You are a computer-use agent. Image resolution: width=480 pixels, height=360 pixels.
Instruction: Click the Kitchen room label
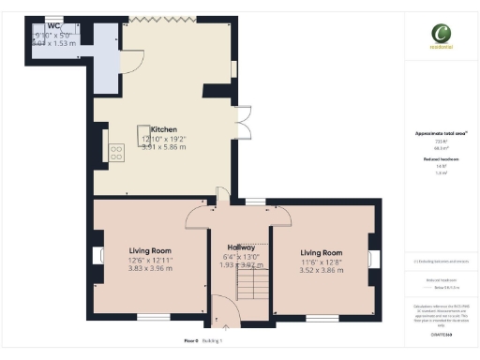(x=165, y=130)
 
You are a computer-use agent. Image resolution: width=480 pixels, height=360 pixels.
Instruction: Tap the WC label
(x=41, y=27)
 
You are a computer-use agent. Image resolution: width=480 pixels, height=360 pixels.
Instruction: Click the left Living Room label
(x=150, y=251)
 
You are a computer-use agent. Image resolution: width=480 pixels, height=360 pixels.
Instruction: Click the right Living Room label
(x=322, y=253)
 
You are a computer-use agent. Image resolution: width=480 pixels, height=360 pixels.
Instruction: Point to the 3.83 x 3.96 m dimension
(x=150, y=269)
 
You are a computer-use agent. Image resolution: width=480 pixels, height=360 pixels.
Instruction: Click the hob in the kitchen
(x=117, y=152)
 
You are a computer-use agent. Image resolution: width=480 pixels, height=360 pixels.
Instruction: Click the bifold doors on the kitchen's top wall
(x=160, y=18)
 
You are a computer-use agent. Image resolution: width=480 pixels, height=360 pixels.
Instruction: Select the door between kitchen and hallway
(x=222, y=197)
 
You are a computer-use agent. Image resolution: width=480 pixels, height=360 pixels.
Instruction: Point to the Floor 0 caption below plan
(x=190, y=341)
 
